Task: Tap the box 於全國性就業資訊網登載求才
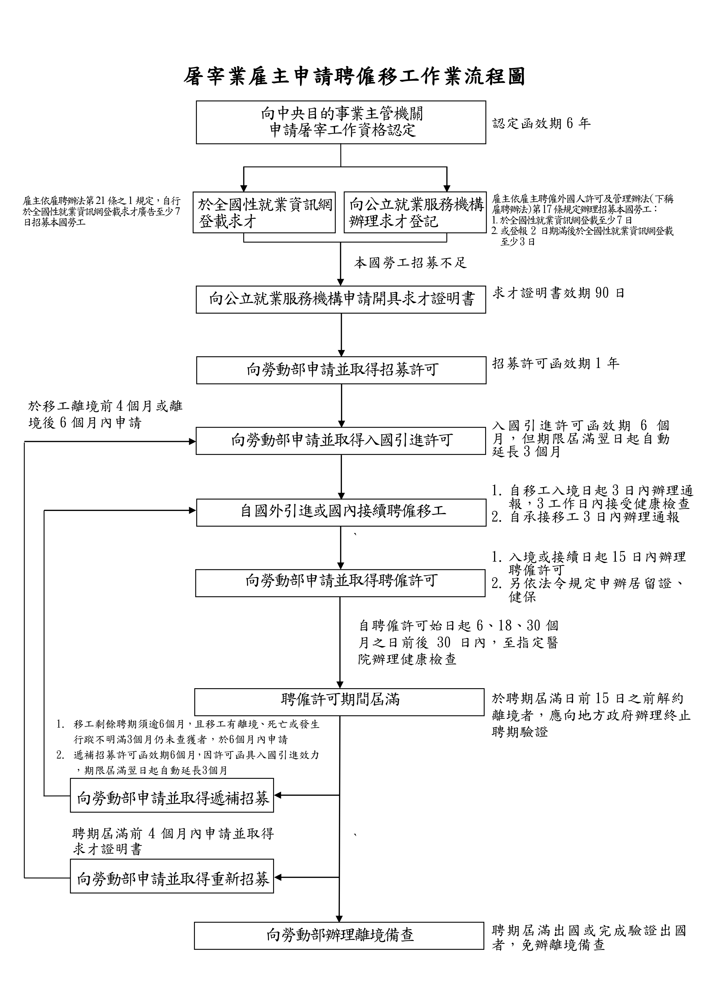(264, 212)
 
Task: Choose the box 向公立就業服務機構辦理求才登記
(415, 212)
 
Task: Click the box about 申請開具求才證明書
(341, 299)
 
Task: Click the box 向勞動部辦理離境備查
(339, 936)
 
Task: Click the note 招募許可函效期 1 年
(555, 363)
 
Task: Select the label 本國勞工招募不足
(410, 263)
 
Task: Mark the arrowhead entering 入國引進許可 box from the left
(192, 442)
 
